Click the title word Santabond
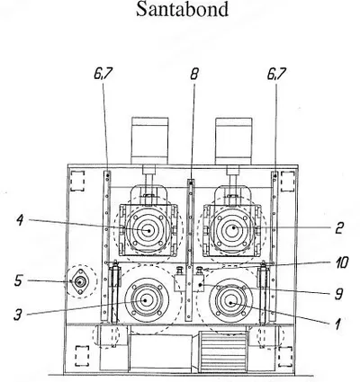[182, 9]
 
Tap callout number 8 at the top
[194, 74]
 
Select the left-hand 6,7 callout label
[103, 74]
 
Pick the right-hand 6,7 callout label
[276, 74]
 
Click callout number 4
[21, 220]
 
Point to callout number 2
[338, 228]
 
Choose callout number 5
[18, 280]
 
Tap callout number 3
[18, 315]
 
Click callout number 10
[340, 262]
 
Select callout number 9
[338, 294]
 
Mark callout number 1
[338, 324]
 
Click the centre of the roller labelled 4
[148, 230]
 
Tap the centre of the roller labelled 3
[146, 300]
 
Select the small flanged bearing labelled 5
[79, 281]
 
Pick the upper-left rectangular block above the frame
[149, 140]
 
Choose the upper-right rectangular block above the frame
[234, 140]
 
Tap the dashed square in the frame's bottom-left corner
[82, 356]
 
